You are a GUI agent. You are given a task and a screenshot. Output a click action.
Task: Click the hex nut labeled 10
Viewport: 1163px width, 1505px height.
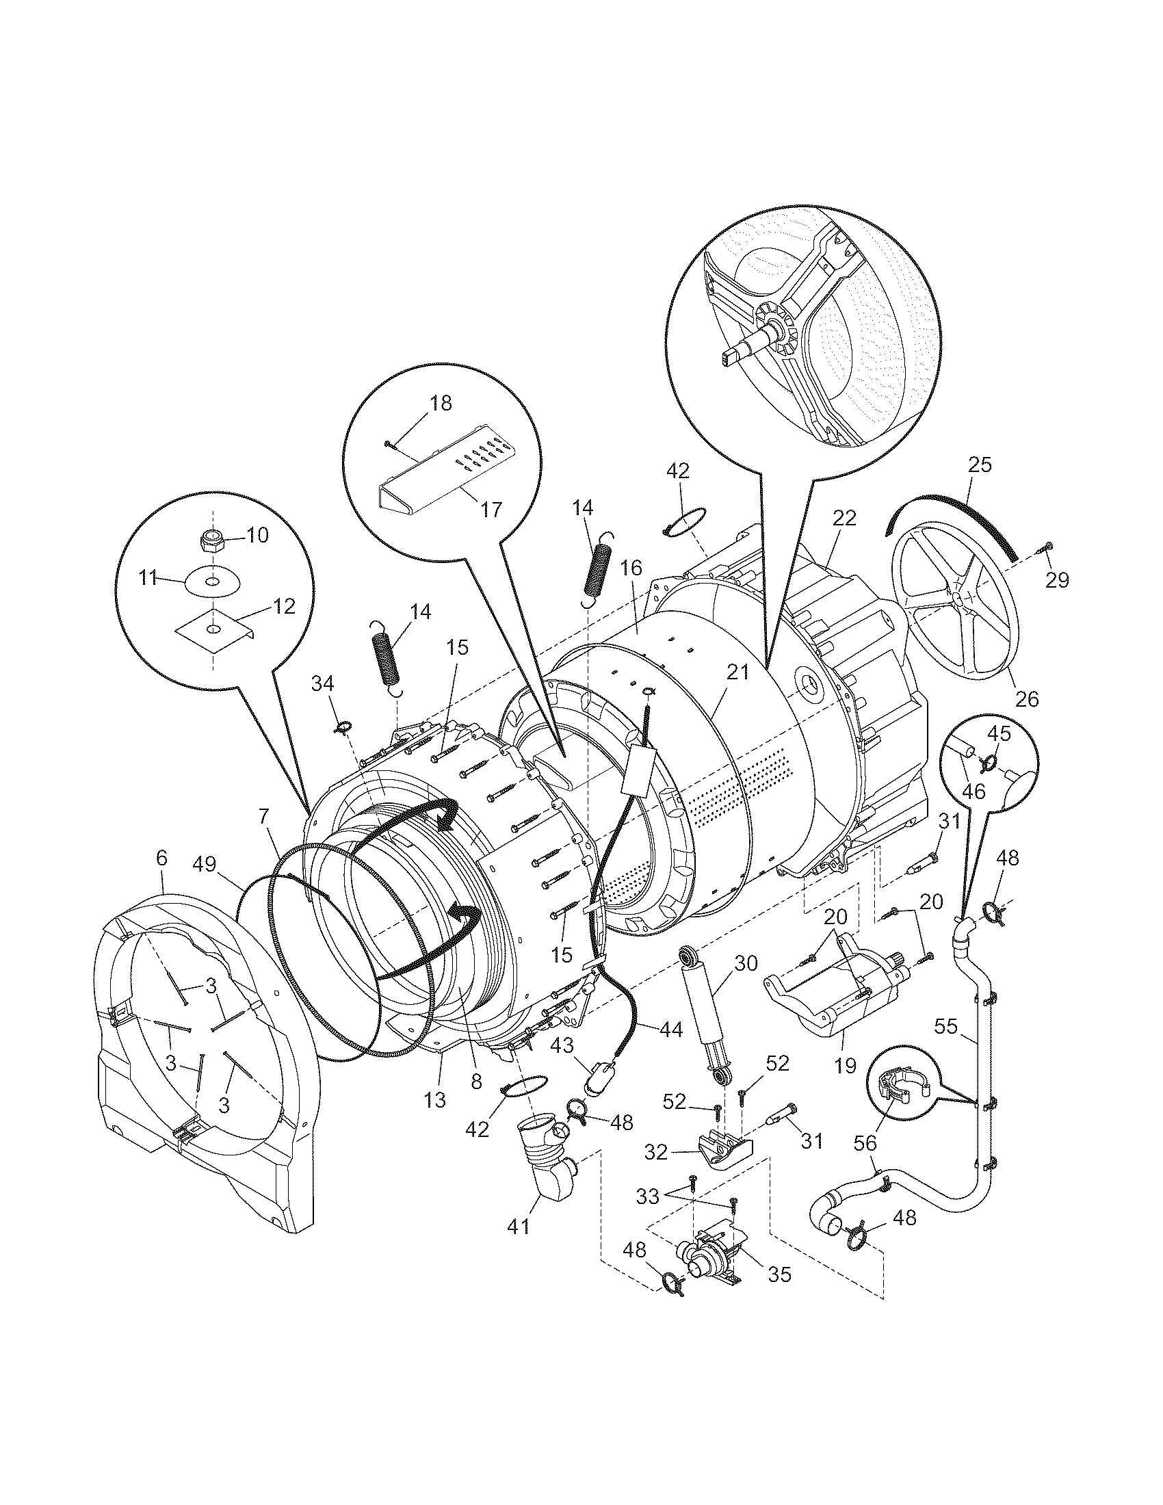[x=212, y=540]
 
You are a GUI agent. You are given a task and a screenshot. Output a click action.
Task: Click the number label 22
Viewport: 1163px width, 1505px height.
[x=844, y=518]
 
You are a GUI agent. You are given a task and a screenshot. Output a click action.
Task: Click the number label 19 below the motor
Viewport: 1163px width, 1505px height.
[x=846, y=1065]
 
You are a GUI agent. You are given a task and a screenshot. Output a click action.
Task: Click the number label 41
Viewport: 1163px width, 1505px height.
[x=518, y=1227]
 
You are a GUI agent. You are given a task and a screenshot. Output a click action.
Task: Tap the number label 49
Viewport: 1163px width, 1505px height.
[x=205, y=864]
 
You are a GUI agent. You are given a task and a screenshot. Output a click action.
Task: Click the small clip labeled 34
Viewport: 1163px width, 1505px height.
[x=343, y=726]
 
